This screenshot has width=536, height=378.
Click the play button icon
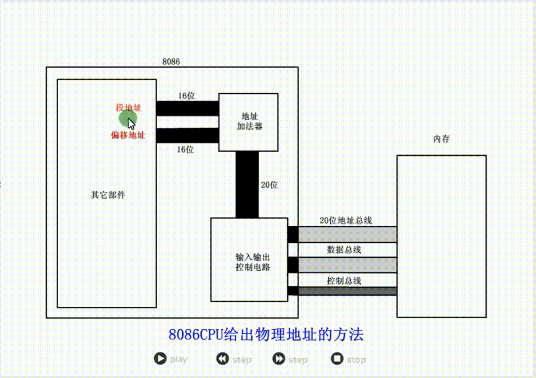tap(160, 358)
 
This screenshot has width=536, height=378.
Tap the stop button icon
tap(337, 358)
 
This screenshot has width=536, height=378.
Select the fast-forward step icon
tap(279, 359)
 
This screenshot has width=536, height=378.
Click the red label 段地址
tap(128, 108)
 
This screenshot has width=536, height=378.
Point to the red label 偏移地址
tap(128, 135)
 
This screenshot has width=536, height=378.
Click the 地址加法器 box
tap(248, 122)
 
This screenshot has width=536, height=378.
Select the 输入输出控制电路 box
tap(249, 259)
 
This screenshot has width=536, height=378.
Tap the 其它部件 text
tap(108, 195)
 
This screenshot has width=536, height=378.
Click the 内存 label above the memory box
tap(441, 139)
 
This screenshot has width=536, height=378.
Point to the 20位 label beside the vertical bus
tap(269, 185)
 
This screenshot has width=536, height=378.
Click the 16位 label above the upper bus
tap(187, 96)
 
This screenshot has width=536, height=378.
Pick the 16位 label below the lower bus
tap(185, 150)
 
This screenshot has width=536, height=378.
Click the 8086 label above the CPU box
tap(171, 62)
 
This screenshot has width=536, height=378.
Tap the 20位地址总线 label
tap(346, 220)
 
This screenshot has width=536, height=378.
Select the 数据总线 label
tap(344, 250)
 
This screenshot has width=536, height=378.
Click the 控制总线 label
tap(344, 281)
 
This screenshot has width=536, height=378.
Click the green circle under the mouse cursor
tap(128, 119)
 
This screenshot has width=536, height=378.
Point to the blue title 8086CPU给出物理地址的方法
tap(266, 334)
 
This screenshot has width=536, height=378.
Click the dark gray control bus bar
tap(347, 291)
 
